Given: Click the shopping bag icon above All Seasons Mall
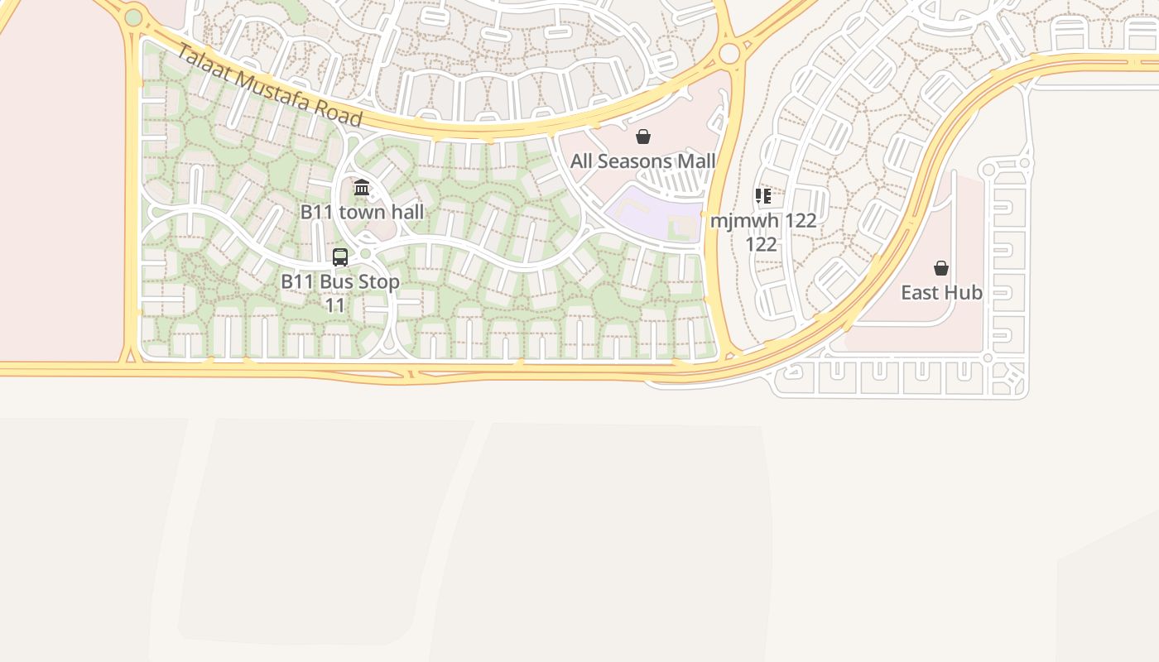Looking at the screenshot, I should tap(643, 137).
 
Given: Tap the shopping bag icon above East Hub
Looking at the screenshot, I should tap(941, 268).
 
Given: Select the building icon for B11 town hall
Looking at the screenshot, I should tap(362, 188).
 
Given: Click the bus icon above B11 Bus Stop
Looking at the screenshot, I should tap(340, 257).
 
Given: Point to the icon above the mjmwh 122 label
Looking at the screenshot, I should tap(763, 196).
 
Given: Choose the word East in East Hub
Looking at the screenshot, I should tap(920, 293).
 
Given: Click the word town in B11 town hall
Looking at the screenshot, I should tap(363, 212).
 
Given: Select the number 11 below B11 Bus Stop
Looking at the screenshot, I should tap(334, 305).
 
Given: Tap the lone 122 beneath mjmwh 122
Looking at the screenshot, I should tap(761, 244).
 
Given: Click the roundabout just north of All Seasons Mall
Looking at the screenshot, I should tap(729, 54).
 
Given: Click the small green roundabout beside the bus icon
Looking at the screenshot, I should tap(365, 253).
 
